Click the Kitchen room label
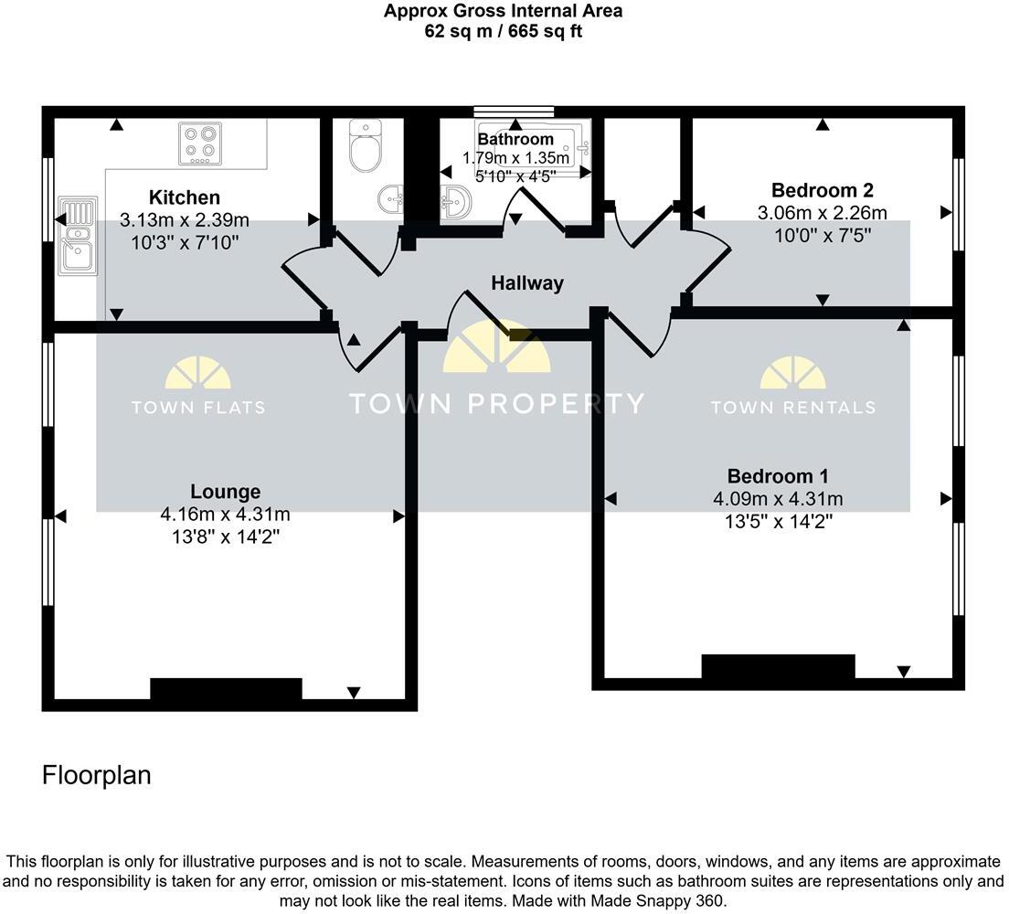click(185, 197)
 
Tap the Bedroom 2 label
click(823, 190)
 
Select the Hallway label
click(527, 283)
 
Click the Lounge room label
click(225, 492)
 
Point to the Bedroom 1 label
click(778, 476)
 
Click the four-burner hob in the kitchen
click(200, 144)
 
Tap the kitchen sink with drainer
click(78, 236)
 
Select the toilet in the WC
click(365, 146)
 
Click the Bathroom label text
click(515, 139)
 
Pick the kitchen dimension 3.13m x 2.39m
click(185, 220)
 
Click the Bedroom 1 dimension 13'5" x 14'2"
click(779, 521)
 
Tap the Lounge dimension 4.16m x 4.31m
click(225, 515)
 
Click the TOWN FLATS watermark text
click(198, 408)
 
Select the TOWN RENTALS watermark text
click(792, 408)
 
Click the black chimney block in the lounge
click(226, 689)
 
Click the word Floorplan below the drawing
click(97, 776)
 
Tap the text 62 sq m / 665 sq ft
click(504, 31)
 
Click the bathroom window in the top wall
click(515, 112)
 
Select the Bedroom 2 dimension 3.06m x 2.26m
click(823, 213)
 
